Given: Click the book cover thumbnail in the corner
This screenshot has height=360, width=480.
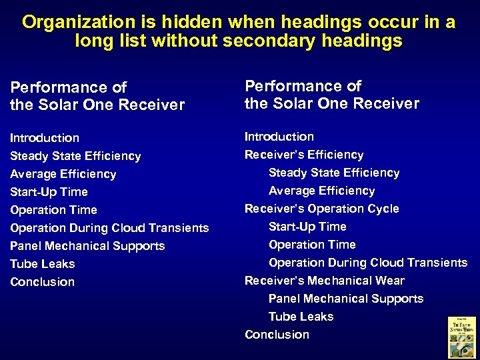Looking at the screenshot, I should point(461,337).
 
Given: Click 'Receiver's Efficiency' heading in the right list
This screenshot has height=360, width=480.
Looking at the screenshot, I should point(304,155).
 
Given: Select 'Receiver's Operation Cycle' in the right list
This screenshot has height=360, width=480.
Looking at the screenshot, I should point(321,209).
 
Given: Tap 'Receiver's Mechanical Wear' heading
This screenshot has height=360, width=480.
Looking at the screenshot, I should point(324,281).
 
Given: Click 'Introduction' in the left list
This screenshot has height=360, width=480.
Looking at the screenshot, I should point(45,138).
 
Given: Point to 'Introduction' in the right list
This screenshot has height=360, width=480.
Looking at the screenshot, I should point(279,137).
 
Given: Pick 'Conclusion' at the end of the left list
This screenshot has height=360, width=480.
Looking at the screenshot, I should point(43,282).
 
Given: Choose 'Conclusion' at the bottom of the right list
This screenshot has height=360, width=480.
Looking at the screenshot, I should point(277,335).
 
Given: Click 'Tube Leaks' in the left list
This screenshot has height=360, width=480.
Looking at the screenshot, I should point(43,264).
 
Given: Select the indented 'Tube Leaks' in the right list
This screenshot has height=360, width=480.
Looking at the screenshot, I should point(301,317).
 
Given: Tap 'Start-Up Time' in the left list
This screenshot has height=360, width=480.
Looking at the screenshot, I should point(49,192).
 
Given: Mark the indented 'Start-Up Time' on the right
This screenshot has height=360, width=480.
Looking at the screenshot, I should point(307,227).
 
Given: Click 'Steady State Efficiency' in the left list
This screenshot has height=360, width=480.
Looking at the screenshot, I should point(75,156).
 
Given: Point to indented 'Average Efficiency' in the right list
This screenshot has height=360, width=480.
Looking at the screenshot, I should point(321,191).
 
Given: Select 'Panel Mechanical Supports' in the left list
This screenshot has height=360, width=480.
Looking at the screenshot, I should point(87,246).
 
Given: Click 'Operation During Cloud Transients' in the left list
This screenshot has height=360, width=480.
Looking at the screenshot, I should point(109,228).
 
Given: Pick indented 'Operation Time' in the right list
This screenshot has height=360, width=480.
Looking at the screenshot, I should point(312,245).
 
